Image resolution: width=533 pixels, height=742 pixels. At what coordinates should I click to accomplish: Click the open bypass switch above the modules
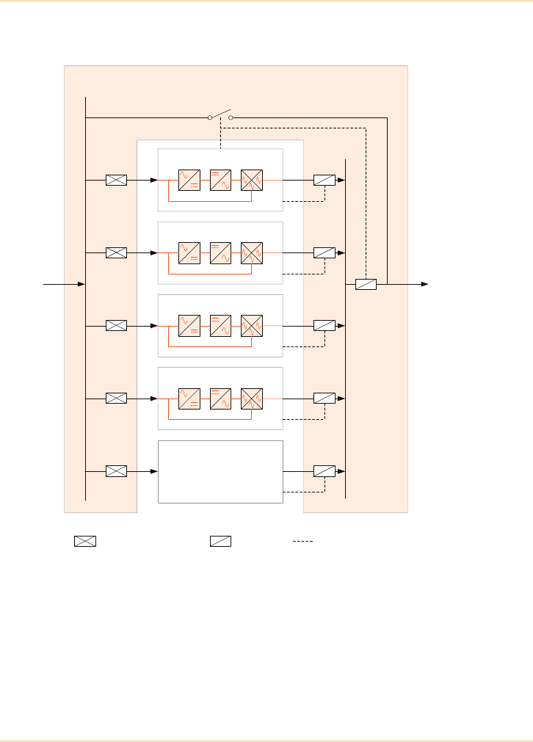220,115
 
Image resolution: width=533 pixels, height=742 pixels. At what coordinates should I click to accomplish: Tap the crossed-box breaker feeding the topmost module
116,180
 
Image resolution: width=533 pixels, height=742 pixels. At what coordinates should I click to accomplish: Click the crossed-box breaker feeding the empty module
116,470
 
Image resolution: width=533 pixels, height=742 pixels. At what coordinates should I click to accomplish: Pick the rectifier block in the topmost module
189,180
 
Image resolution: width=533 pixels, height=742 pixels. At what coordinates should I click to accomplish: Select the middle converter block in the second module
220,252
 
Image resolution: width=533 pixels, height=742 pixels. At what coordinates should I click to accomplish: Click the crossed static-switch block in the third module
252,325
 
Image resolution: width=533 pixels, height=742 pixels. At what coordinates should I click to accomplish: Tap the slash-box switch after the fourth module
324,398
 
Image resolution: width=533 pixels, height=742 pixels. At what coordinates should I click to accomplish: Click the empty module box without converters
220,471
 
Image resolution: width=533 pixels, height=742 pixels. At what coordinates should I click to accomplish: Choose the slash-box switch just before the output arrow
366,284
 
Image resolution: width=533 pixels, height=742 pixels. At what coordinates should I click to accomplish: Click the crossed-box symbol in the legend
84,542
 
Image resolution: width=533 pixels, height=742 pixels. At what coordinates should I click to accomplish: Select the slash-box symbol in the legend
220,542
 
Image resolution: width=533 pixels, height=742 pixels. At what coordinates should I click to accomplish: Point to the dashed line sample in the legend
302,542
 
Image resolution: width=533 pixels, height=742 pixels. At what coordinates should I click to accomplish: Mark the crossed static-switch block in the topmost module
252,180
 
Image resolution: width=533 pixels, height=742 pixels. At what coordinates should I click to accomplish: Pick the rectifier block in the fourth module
189,398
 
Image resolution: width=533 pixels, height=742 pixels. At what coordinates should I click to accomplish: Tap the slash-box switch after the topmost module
324,180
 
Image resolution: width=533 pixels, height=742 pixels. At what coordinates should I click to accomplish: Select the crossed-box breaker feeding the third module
116,325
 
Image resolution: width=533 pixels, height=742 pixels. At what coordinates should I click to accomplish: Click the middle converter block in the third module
220,325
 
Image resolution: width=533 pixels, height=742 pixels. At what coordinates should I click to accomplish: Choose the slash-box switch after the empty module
324,470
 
